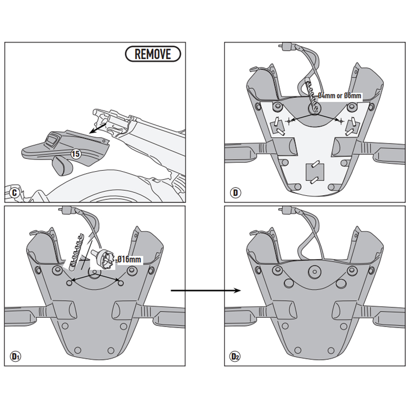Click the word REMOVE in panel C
(x=153, y=54)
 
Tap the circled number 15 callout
(x=76, y=154)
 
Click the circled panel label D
(x=235, y=193)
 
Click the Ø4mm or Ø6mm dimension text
(x=339, y=95)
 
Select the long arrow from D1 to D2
(x=205, y=291)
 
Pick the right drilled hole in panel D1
(x=120, y=281)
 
